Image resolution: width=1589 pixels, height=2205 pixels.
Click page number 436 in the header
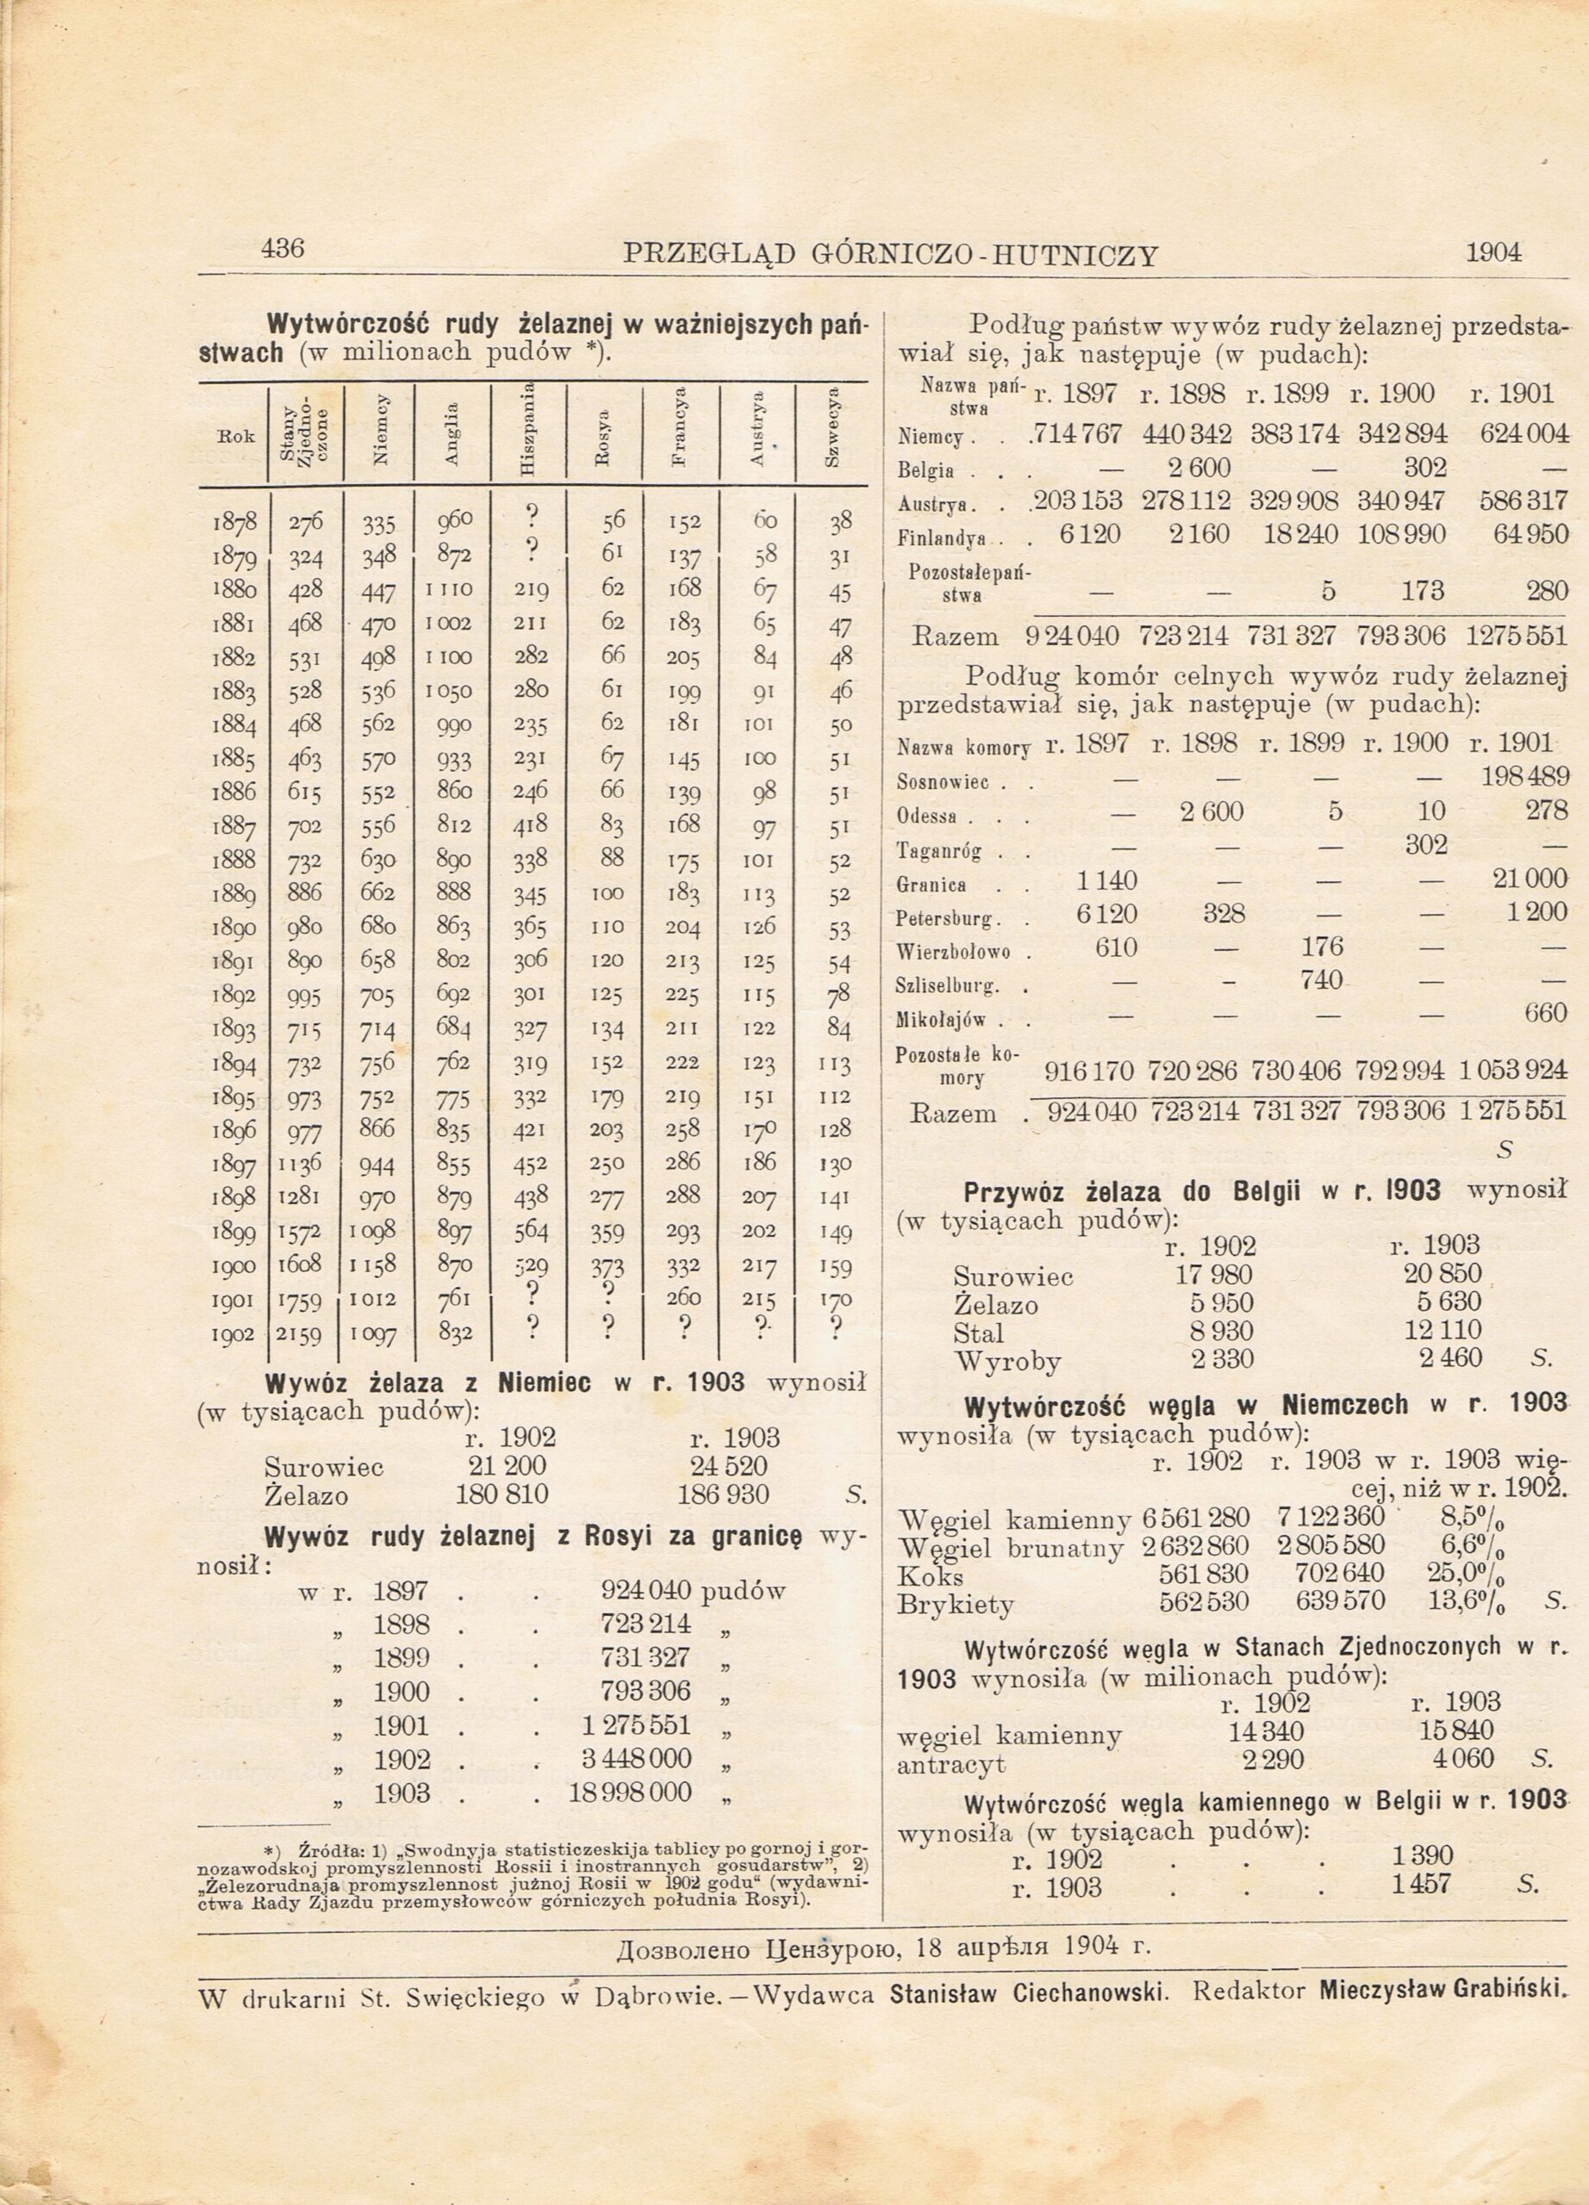point(283,249)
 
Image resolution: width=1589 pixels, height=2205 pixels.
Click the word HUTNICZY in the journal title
point(1075,256)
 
